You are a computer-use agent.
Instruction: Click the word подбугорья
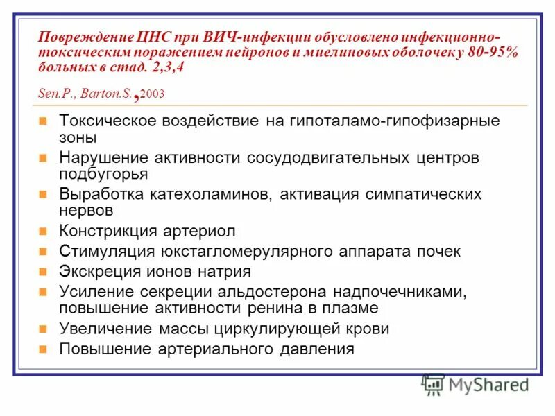pos(103,174)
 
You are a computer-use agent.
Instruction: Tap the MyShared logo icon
pos(434,384)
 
